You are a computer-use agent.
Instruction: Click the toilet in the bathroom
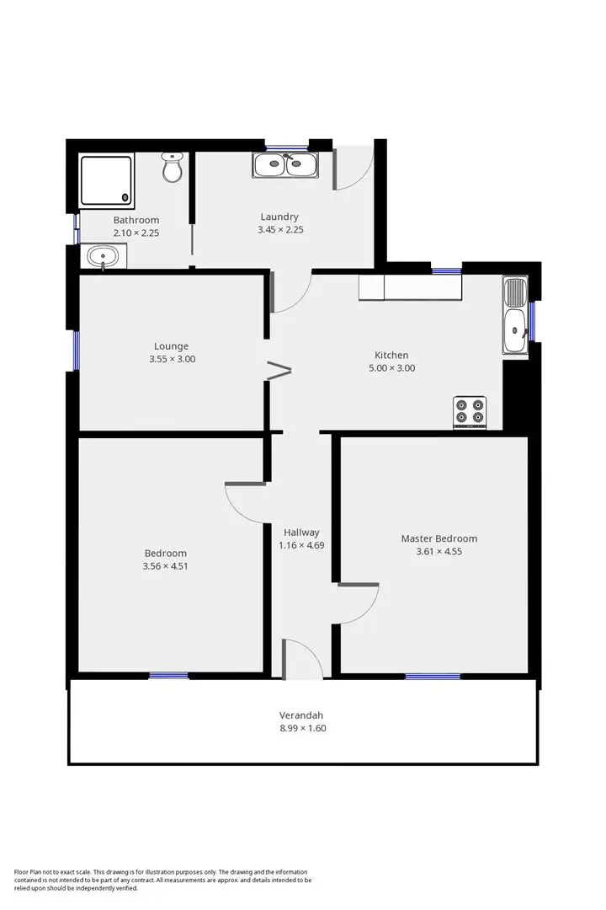173,168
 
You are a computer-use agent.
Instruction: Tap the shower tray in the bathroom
106,180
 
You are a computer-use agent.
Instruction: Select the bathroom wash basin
104,256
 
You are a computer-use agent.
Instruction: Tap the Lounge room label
171,346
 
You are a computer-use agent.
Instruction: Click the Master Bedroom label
439,538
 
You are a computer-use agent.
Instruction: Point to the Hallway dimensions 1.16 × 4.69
301,545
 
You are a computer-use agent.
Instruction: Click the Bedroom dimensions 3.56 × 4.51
165,566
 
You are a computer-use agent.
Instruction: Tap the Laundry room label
279,217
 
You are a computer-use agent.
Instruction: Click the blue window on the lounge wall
76,350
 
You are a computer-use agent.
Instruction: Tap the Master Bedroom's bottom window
433,676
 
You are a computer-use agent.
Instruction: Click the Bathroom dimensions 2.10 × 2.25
136,233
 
